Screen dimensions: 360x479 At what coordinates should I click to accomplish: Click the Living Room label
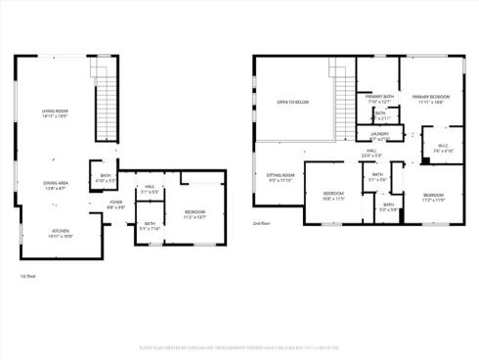[x=54, y=112]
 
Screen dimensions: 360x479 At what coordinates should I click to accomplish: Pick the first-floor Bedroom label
[x=196, y=212]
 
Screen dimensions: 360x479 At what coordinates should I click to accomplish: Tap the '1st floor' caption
[x=28, y=276]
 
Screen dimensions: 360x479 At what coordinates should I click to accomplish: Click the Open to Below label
[x=293, y=102]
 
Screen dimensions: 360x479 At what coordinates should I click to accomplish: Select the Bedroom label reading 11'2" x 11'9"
[x=433, y=196]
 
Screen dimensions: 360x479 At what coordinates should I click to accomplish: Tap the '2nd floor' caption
[x=262, y=223]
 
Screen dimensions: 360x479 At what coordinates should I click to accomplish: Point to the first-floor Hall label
[x=150, y=188]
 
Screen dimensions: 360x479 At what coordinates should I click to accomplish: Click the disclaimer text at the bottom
[x=239, y=346]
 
